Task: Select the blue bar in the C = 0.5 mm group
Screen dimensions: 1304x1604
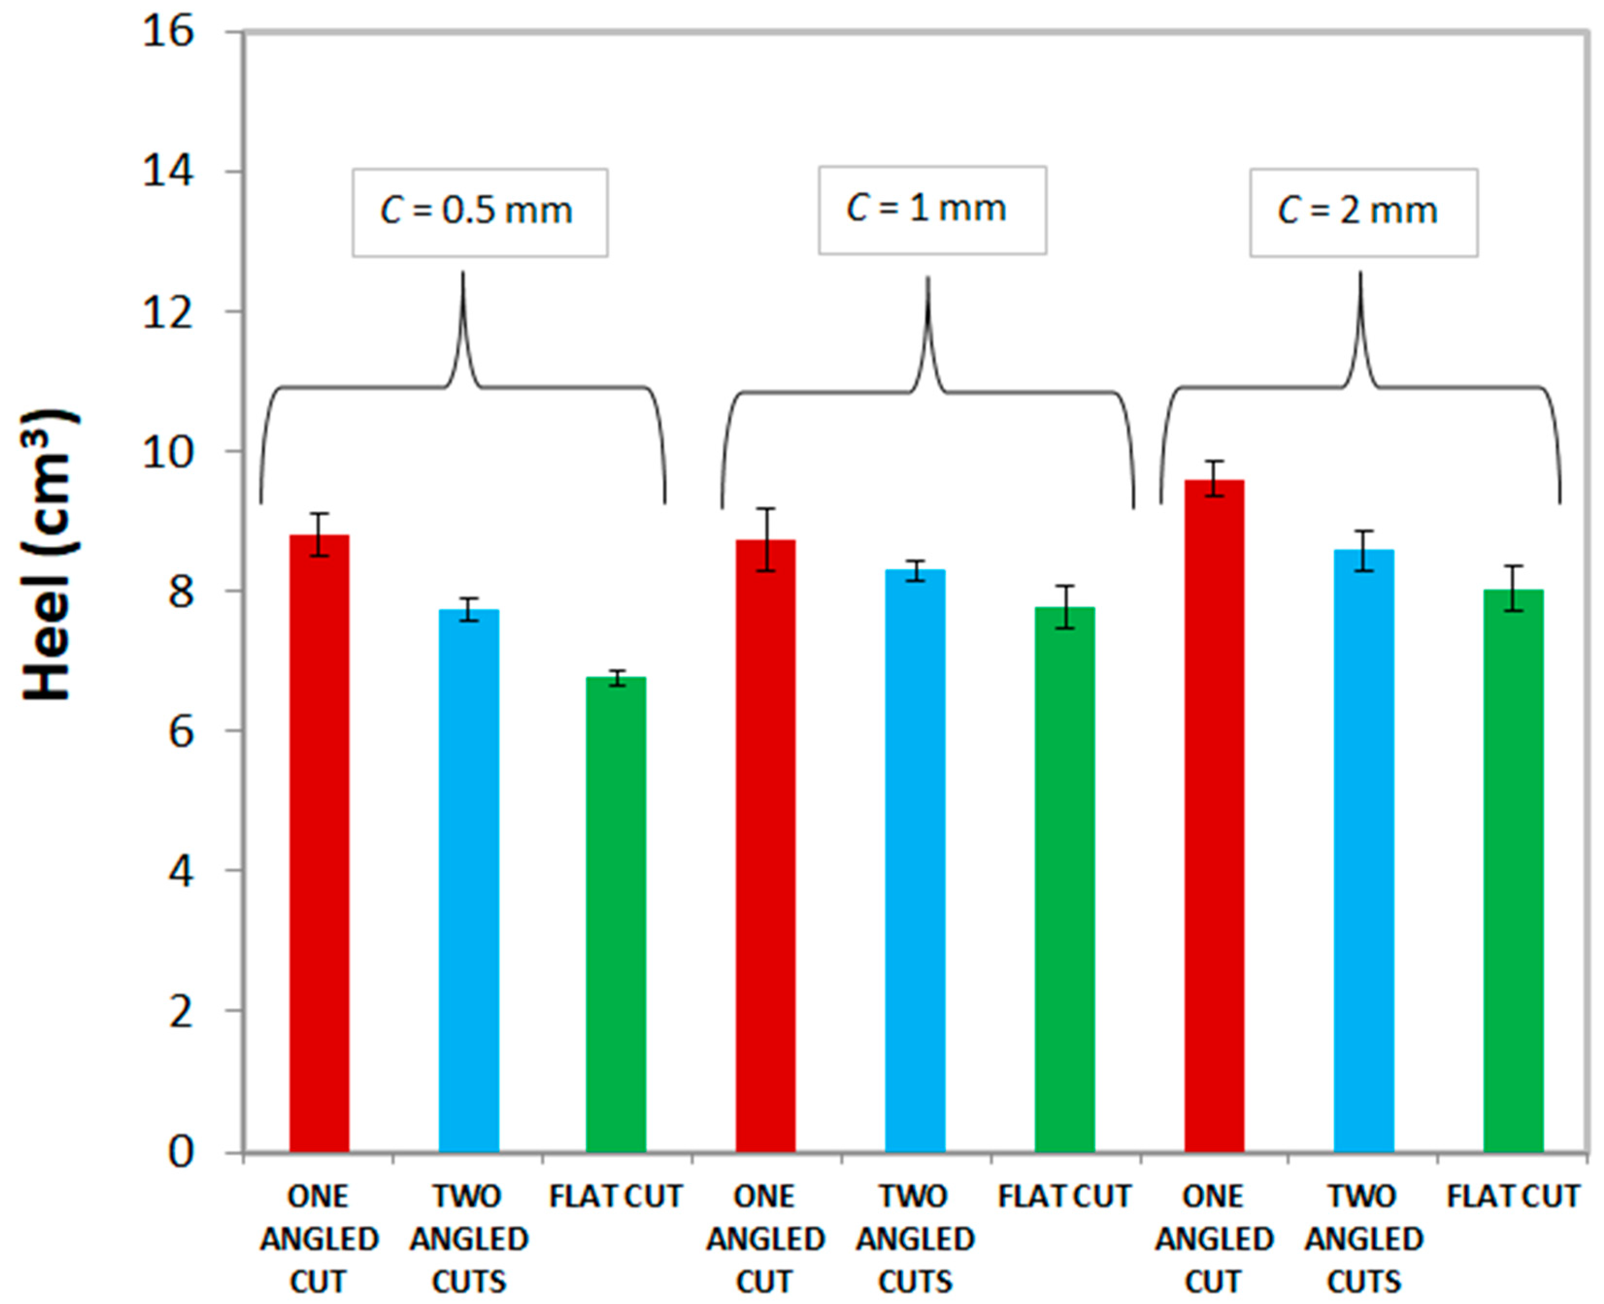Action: pos(469,879)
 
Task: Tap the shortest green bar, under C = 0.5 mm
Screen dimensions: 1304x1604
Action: pos(615,913)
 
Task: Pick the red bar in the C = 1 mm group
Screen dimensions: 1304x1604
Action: pos(765,845)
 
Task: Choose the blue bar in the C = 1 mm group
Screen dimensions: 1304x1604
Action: pos(914,860)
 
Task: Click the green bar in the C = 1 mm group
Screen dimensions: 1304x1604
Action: pos(1065,879)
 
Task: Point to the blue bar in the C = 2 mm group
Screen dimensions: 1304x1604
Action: pos(1364,849)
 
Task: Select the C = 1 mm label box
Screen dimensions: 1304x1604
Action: pos(932,210)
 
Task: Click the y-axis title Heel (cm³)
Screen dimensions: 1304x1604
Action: pos(49,556)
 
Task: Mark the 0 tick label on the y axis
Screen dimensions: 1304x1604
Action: pos(181,1152)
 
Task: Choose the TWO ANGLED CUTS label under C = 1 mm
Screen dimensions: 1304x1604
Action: pos(914,1238)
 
